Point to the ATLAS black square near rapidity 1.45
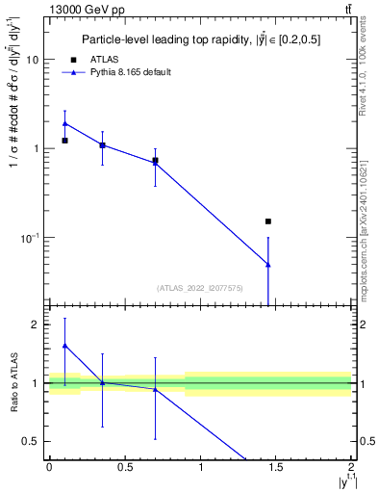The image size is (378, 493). coord(268,221)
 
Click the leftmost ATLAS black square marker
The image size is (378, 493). coord(64,141)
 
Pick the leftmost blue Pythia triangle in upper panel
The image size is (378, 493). coord(64,123)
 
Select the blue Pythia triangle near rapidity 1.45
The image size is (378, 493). coord(268,264)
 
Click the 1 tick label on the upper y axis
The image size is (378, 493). coord(35,148)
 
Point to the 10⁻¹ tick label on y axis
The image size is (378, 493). coord(29,238)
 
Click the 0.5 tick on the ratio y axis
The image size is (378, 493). coord(30,441)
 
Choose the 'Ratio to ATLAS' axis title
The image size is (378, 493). coord(13,381)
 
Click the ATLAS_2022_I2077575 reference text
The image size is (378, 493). coord(200,287)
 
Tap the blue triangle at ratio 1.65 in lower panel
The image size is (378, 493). coord(64,345)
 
